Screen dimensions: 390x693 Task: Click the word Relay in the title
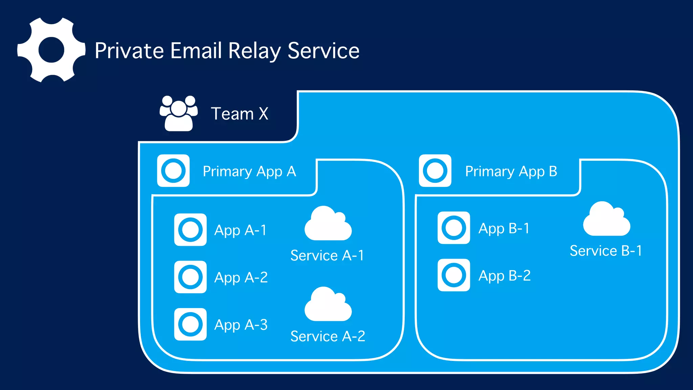coord(254,51)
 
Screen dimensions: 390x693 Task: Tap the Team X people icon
coord(179,113)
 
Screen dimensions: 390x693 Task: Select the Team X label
coord(240,114)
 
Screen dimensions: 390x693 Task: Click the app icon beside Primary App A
coord(173,171)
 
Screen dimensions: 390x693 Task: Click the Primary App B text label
coord(511,171)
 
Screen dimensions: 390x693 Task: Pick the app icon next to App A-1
coord(190,230)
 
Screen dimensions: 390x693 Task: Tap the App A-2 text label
coord(241,278)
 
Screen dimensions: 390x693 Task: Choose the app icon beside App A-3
coord(190,324)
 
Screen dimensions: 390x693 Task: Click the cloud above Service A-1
coord(328,225)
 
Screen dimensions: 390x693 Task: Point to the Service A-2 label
coord(328,336)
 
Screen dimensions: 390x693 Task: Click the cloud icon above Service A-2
coord(328,306)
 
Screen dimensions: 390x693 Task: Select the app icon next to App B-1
coord(453,228)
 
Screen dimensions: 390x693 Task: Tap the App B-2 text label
coord(504,276)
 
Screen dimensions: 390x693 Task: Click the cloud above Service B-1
coord(606,220)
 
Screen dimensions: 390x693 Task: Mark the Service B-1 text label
coord(606,251)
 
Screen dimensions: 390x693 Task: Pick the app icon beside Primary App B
coord(435,171)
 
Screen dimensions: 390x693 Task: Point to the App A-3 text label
coord(241,325)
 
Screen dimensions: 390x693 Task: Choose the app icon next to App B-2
coord(453,275)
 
